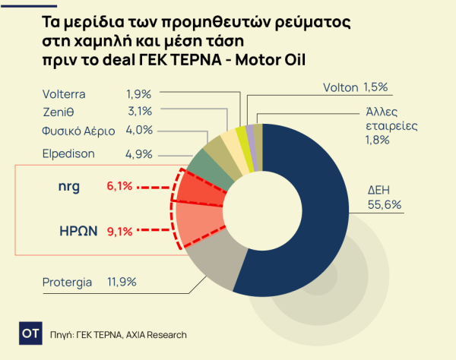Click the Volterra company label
64,94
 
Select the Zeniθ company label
58,112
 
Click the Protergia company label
67,283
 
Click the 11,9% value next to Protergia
122,283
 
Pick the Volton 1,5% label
350,87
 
